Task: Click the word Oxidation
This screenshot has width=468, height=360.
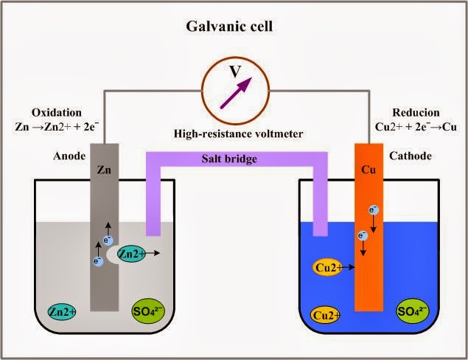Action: click(x=56, y=113)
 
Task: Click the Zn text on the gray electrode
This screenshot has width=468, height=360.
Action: click(x=104, y=169)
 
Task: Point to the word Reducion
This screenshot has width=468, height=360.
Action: click(x=416, y=113)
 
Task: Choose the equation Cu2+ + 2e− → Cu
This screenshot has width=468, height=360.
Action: click(x=416, y=126)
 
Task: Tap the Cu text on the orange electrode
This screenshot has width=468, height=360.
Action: click(x=369, y=169)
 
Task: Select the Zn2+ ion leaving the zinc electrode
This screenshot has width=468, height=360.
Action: click(x=130, y=254)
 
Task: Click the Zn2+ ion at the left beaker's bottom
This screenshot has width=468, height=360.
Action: click(x=63, y=311)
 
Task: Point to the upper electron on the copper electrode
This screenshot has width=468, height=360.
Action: click(x=374, y=211)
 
